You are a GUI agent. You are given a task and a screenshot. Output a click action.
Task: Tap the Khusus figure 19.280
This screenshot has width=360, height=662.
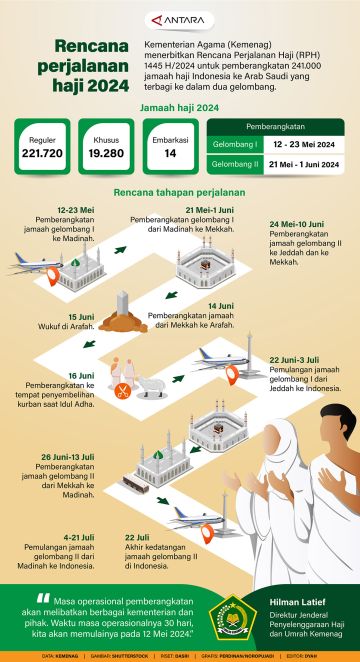click(105, 154)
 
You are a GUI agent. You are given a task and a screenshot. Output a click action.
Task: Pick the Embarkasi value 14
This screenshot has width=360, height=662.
click(170, 154)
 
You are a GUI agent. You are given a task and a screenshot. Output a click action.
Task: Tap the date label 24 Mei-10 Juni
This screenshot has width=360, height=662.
click(297, 224)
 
